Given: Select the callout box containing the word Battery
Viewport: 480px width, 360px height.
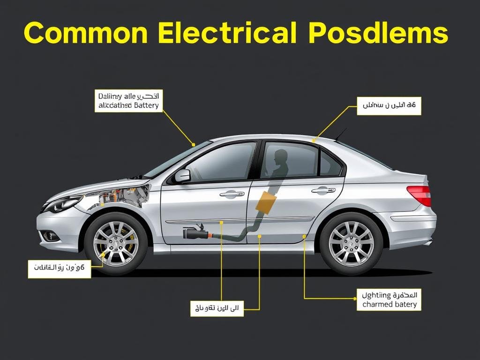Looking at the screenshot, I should [128, 101].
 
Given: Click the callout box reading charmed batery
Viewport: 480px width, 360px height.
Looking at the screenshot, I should [389, 300].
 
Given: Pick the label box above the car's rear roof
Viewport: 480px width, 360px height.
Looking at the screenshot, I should [389, 105].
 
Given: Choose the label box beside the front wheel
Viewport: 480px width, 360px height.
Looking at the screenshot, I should [59, 268].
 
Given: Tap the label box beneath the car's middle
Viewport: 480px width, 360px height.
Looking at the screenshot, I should [217, 308].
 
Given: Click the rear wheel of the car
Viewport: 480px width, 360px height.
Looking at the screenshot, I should [351, 243].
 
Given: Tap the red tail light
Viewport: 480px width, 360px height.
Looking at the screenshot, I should [420, 195].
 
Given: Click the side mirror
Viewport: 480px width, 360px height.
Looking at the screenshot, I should [182, 176].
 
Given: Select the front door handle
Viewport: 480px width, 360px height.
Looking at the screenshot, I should [232, 193].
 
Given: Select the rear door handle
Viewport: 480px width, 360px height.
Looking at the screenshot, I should [323, 190].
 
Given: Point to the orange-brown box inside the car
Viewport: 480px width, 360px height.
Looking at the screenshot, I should [265, 202].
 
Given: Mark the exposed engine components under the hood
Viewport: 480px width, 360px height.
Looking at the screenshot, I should [124, 196].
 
